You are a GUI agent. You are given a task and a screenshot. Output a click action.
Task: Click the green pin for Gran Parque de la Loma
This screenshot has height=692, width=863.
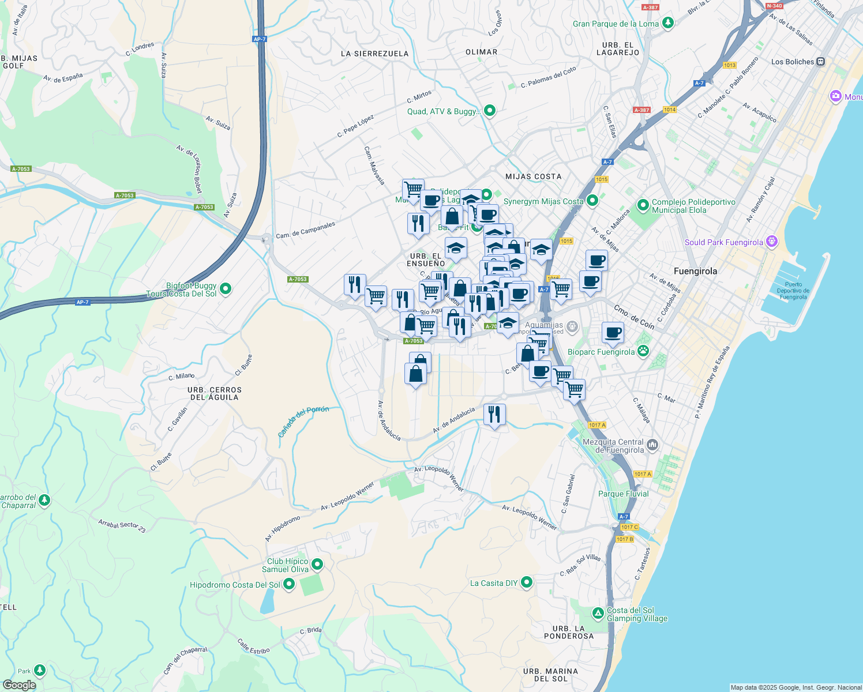668,24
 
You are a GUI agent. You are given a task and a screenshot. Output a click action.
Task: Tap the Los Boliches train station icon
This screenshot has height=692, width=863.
821,62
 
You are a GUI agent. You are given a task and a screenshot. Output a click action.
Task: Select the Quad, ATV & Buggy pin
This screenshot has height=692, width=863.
490,111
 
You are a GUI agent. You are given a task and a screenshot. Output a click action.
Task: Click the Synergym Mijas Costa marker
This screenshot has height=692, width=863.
592,201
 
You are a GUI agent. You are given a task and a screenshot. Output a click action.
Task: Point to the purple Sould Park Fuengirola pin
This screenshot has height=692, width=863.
772,242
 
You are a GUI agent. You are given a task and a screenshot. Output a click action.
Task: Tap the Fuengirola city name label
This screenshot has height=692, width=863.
695,271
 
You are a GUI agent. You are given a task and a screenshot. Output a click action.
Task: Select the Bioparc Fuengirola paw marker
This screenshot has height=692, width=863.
643,351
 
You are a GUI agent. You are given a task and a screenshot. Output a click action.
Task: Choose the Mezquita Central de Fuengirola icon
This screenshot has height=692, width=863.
652,444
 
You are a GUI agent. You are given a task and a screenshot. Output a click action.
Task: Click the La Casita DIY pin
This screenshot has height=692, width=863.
526,582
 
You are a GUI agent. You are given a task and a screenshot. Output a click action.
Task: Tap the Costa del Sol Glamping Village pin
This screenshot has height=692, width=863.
599,611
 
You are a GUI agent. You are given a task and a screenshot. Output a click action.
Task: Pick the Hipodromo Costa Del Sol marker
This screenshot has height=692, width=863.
289,585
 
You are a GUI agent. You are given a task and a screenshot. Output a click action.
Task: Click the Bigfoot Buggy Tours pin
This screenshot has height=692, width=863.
226,288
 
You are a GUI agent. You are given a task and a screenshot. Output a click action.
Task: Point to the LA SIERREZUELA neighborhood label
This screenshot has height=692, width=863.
374,54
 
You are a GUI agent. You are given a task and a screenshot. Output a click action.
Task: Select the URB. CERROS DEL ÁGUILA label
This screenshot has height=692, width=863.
215,393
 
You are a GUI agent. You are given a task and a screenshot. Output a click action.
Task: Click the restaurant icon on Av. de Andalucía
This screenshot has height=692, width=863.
494,415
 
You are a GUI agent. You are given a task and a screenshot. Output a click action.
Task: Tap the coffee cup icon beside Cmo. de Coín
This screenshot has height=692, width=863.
613,333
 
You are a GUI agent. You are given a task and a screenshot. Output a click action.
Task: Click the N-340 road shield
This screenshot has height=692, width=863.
774,6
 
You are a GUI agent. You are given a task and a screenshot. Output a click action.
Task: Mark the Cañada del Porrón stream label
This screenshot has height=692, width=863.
303,422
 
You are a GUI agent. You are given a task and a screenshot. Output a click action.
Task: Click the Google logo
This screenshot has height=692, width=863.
19,685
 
